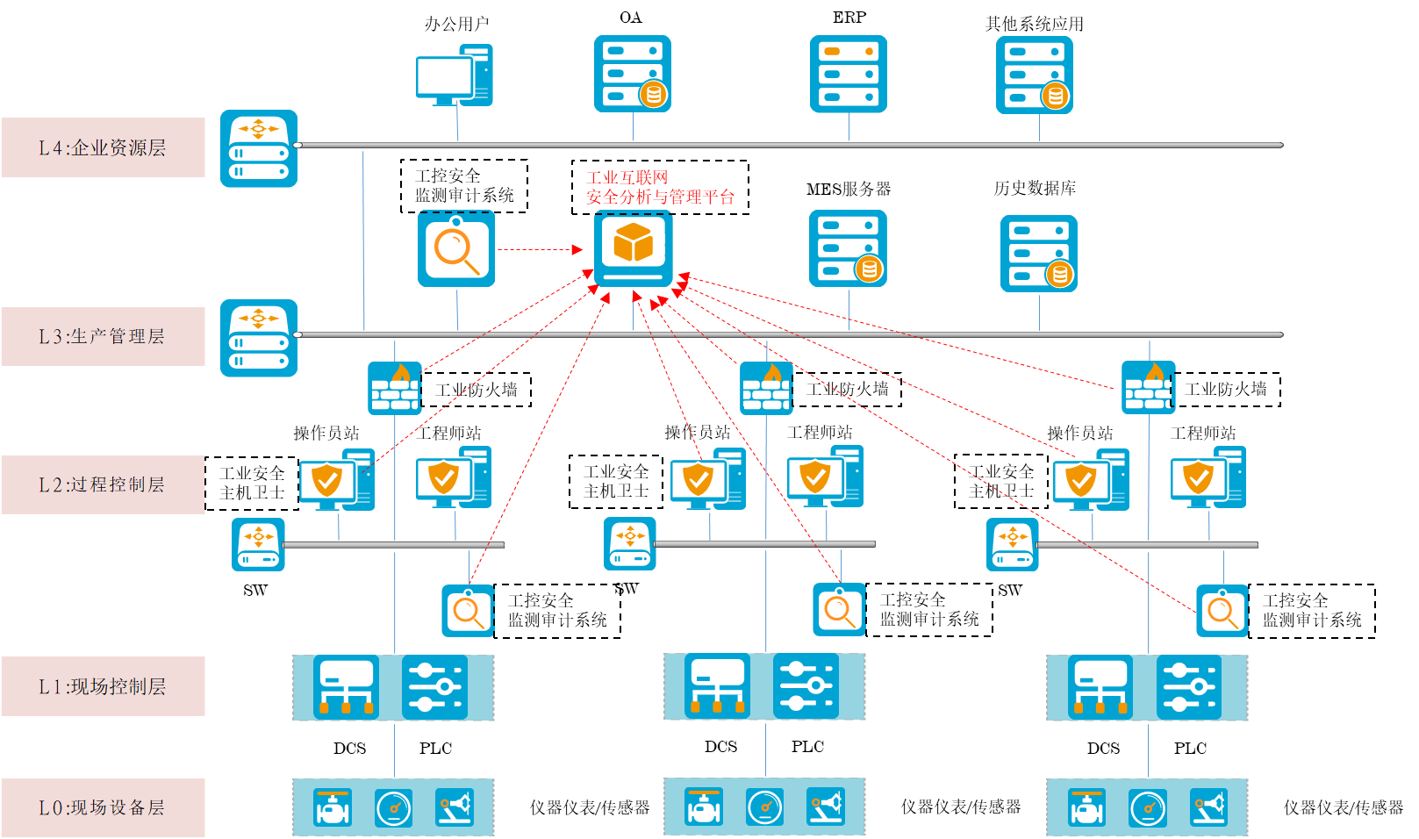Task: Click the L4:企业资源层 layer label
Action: click(x=103, y=147)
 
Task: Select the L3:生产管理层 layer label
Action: click(x=103, y=336)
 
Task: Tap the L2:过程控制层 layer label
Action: click(x=103, y=484)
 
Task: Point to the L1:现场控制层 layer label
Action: click(x=103, y=686)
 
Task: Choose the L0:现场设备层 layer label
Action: click(x=103, y=807)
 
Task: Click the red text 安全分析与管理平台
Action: click(x=660, y=197)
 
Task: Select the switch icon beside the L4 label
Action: click(x=259, y=148)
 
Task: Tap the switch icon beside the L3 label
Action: click(x=259, y=338)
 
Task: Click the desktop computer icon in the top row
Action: click(x=454, y=75)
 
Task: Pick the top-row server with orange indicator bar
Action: click(x=848, y=74)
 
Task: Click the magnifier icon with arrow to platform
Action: click(x=456, y=248)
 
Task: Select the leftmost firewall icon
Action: click(x=395, y=388)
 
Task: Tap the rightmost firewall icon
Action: click(x=1149, y=388)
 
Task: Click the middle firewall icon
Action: click(x=766, y=388)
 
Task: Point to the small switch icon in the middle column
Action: click(x=630, y=544)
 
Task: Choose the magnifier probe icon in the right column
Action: click(x=1222, y=611)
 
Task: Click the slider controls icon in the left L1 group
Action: click(x=435, y=687)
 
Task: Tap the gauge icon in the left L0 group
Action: click(x=393, y=807)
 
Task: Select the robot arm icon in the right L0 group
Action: click(x=1208, y=807)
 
